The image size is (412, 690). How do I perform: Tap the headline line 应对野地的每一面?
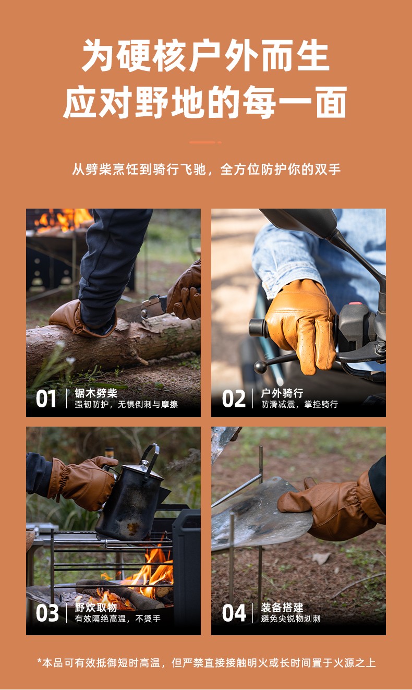pyautogui.click(x=205, y=102)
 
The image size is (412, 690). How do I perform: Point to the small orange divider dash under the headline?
pyautogui.click(x=205, y=142)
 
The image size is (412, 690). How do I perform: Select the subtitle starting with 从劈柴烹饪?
pyautogui.click(x=206, y=170)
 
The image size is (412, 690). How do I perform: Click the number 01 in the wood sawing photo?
pyautogui.click(x=46, y=398)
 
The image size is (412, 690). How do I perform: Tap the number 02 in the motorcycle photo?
pyautogui.click(x=234, y=398)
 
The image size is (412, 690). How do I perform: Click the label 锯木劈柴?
pyautogui.click(x=96, y=393)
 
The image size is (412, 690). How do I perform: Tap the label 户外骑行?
pyautogui.click(x=282, y=393)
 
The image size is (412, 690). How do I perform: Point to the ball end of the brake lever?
pyautogui.click(x=261, y=367)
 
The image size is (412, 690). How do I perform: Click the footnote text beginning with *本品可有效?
pyautogui.click(x=207, y=662)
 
